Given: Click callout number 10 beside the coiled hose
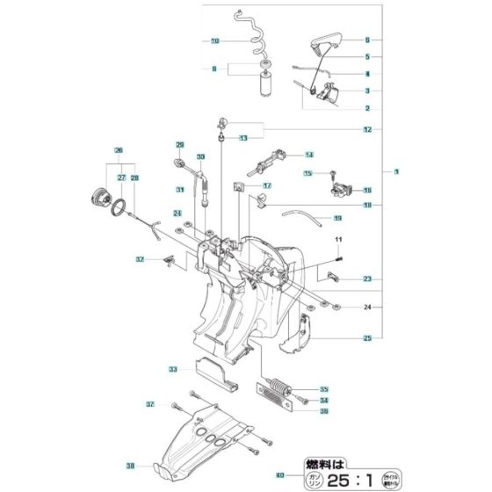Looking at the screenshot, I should coord(214,41).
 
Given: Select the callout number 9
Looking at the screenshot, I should coord(213,69).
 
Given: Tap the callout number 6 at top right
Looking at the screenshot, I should coord(367,40).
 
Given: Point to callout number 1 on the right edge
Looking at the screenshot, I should coord(395,170).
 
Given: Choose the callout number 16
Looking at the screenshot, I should coord(367,190).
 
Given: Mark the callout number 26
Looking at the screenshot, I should coord(118,149).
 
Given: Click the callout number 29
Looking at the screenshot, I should coord(179,144).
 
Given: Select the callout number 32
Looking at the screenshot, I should coord(140,259).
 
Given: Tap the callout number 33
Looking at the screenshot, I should coord(173,369).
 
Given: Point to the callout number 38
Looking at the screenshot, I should coord(131,466).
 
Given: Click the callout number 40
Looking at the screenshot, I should coord(280,475).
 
